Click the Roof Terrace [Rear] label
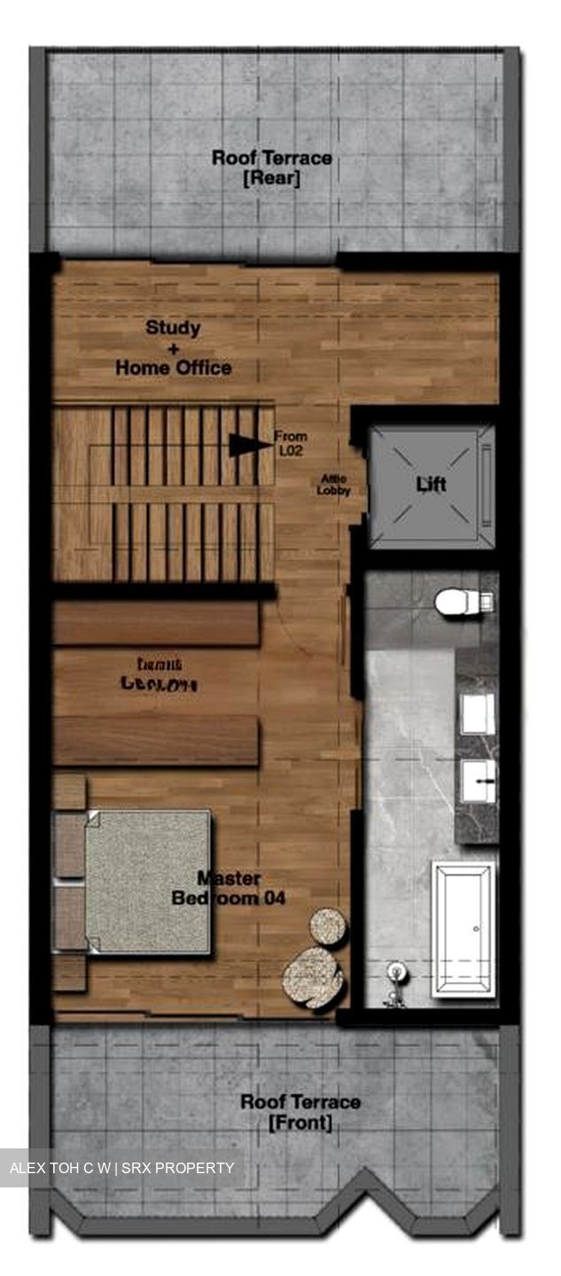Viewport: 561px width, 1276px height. tap(271, 168)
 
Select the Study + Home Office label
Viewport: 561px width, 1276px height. tap(174, 347)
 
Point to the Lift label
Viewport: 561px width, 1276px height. tap(432, 485)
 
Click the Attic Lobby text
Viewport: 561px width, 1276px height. tap(335, 485)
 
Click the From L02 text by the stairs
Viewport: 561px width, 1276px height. tap(291, 442)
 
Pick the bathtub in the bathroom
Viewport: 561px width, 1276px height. tap(464, 930)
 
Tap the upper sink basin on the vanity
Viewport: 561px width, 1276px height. tap(478, 713)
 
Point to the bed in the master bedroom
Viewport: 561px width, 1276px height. tap(147, 881)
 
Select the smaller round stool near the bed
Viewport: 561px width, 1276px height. tap(328, 927)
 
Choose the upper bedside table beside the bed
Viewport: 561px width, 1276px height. tap(69, 791)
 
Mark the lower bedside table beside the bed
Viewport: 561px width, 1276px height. tap(69, 971)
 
